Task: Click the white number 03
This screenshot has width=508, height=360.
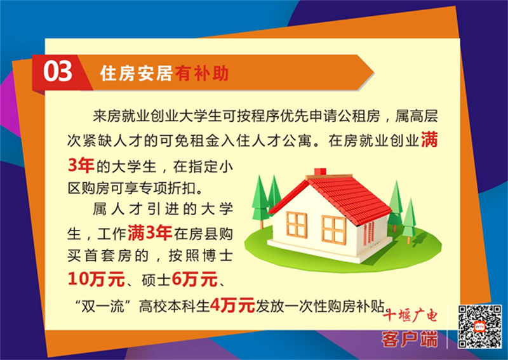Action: [x=58, y=71]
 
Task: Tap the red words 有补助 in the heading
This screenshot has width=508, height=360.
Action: [x=202, y=73]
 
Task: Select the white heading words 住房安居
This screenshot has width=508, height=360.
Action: [x=136, y=73]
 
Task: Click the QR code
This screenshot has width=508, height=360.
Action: [x=480, y=326]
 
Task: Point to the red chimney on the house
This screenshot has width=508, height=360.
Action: [x=320, y=172]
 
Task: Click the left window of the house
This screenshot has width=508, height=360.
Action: [x=297, y=224]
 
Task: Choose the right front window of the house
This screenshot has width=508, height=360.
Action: [x=333, y=230]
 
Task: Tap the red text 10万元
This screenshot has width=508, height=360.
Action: [x=97, y=279]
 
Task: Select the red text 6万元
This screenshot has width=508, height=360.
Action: [x=194, y=279]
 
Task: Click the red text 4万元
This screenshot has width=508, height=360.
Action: [x=232, y=305]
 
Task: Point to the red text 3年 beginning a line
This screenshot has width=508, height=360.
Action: [x=81, y=166]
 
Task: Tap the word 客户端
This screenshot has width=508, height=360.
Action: [x=410, y=339]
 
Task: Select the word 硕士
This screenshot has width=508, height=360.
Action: [x=156, y=279]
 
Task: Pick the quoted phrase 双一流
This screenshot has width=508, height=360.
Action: [x=102, y=305]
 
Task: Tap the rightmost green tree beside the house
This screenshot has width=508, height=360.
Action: [x=409, y=221]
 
